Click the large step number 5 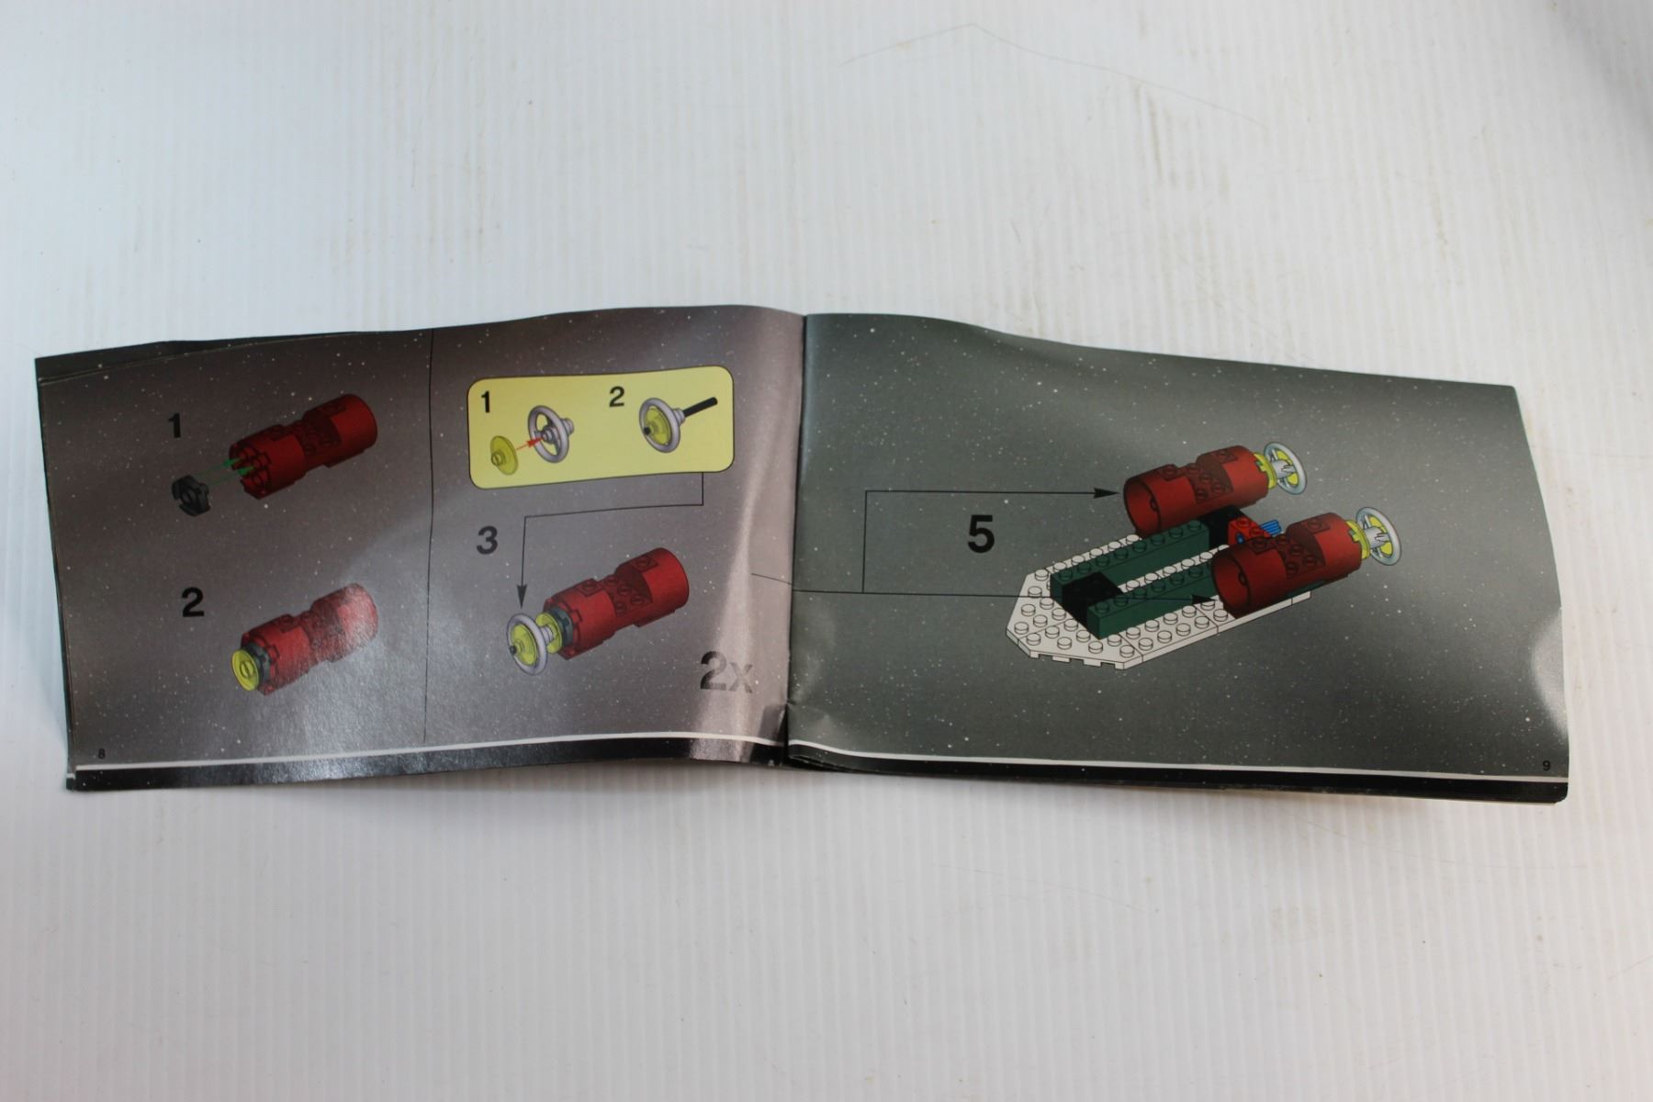[981, 534]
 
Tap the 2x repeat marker [727, 672]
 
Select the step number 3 [487, 539]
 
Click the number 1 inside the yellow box [487, 401]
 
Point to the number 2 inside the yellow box [616, 397]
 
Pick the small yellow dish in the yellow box [504, 453]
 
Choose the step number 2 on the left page [192, 602]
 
